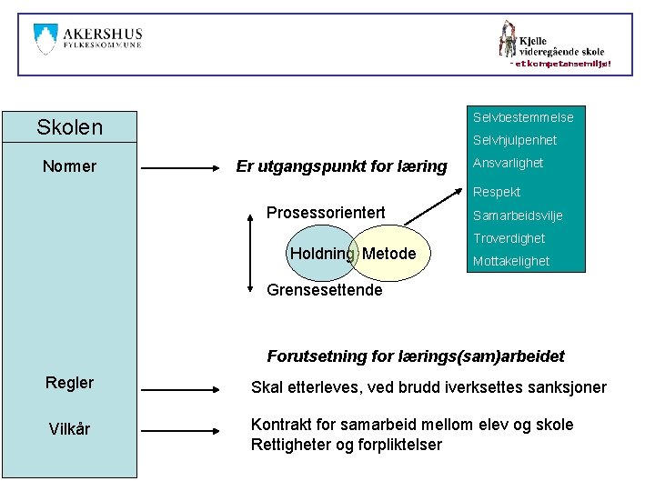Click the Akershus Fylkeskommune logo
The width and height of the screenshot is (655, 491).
click(x=87, y=41)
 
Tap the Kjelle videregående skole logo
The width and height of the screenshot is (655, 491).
click(x=552, y=43)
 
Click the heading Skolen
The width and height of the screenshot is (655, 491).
click(x=69, y=126)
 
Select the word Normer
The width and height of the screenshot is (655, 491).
click(x=69, y=167)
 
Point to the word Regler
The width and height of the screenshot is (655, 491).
click(x=69, y=383)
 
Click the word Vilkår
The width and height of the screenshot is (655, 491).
click(x=69, y=428)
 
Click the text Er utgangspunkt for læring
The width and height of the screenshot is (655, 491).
click(x=341, y=166)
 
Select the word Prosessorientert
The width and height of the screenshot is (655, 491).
click(x=325, y=213)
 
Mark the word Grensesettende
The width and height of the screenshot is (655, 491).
click(x=324, y=291)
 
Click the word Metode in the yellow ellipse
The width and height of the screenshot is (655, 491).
click(x=389, y=254)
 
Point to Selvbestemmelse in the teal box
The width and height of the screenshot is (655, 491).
click(x=523, y=117)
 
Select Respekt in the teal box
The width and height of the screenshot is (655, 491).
click(x=497, y=192)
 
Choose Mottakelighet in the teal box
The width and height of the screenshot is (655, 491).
click(x=510, y=261)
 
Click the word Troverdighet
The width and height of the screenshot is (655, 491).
click(x=509, y=238)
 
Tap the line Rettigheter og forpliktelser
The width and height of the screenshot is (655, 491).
click(x=346, y=445)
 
